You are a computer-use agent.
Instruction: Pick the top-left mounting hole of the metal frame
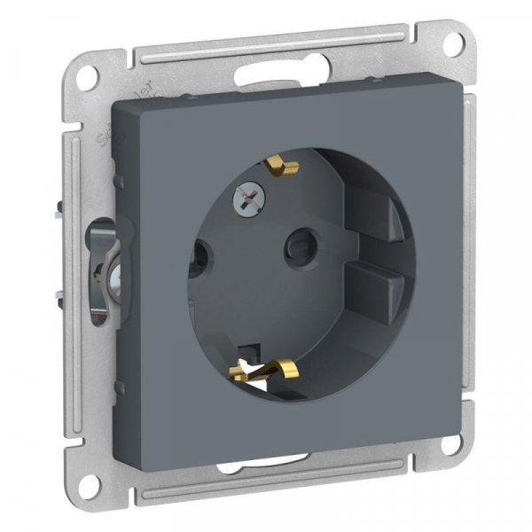pos(86,77)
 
